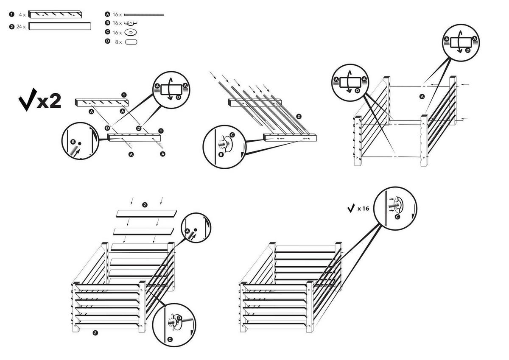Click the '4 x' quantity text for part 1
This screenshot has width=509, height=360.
pos(22,14)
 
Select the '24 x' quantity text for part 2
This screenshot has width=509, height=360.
pos(21,27)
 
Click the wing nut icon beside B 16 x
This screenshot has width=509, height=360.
pos(131,23)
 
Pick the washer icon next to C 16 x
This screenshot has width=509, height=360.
pos(131,32)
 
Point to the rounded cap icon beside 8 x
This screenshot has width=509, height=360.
pos(131,42)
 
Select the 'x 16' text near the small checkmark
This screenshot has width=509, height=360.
pos(364,209)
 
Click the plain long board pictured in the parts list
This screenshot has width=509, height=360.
pos(60,27)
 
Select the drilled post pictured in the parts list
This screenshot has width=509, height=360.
pos(55,14)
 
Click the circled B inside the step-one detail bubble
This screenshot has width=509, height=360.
pos(73,142)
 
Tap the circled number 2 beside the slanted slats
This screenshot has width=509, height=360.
pos(299,116)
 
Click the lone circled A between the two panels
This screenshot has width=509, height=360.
pos(422,97)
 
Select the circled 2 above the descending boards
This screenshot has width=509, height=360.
pos(145,205)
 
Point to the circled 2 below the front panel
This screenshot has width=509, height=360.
pos(95,333)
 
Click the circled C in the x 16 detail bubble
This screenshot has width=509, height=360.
pos(397,217)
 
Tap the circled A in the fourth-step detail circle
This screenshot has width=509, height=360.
pos(187,231)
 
